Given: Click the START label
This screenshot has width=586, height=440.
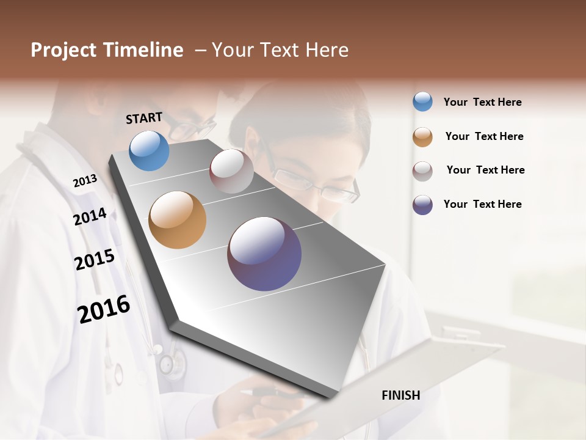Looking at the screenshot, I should pyautogui.click(x=144, y=117).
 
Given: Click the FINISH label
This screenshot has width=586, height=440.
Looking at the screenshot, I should pyautogui.click(x=400, y=395).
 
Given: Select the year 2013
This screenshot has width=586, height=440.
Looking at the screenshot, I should pyautogui.click(x=85, y=180).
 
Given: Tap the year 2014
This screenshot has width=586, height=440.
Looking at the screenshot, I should pyautogui.click(x=90, y=216).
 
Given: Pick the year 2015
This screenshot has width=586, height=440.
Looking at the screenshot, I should pyautogui.click(x=95, y=259).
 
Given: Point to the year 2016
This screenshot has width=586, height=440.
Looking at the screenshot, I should pyautogui.click(x=104, y=309).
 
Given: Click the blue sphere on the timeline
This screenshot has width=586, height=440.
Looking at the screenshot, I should pyautogui.click(x=149, y=150).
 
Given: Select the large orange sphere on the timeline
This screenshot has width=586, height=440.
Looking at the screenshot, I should pyautogui.click(x=177, y=220).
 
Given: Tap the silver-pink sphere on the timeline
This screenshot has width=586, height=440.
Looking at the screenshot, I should pyautogui.click(x=231, y=171).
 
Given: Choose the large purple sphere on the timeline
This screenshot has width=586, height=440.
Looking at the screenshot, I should pyautogui.click(x=264, y=254).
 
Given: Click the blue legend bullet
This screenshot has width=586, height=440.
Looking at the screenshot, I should pyautogui.click(x=422, y=101).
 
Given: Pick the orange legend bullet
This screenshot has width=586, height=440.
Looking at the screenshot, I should pyautogui.click(x=422, y=136).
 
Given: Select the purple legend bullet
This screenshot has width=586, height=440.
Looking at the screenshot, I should pyautogui.click(x=422, y=205).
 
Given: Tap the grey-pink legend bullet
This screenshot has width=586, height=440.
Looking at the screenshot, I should pyautogui.click(x=422, y=170).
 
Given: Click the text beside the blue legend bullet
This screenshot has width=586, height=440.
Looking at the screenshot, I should pyautogui.click(x=482, y=102).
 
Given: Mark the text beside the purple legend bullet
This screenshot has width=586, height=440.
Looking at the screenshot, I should pyautogui.click(x=482, y=204).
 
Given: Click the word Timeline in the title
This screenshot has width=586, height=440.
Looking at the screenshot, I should pyautogui.click(x=143, y=50).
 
